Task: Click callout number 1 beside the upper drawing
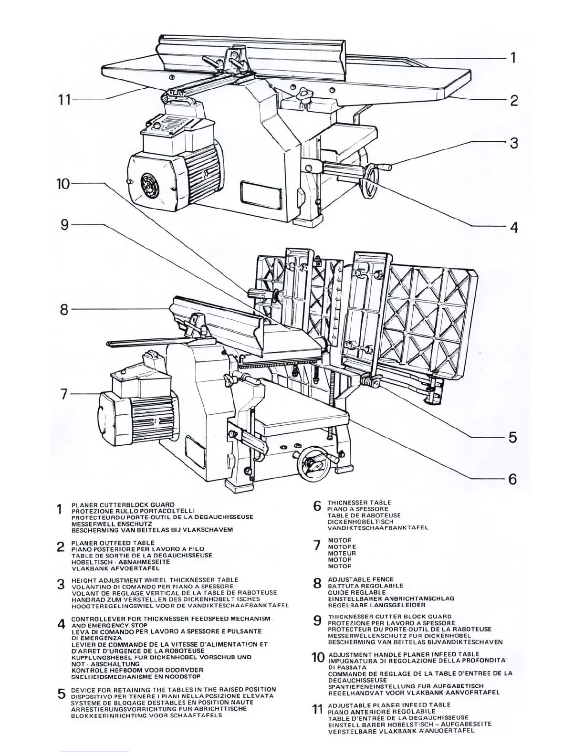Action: click(513, 58)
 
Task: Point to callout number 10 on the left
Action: click(63, 184)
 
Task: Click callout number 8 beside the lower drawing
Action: click(64, 310)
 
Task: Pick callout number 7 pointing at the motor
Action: click(64, 395)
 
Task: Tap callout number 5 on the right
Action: click(513, 437)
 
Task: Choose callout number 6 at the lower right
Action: click(513, 479)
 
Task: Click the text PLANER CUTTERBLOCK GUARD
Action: click(123, 504)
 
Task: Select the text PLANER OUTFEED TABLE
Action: click(113, 543)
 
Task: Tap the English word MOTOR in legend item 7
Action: click(340, 540)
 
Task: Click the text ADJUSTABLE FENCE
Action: click(361, 579)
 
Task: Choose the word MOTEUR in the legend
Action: click(342, 553)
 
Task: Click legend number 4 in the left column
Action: click(61, 624)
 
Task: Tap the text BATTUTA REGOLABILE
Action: click(365, 586)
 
